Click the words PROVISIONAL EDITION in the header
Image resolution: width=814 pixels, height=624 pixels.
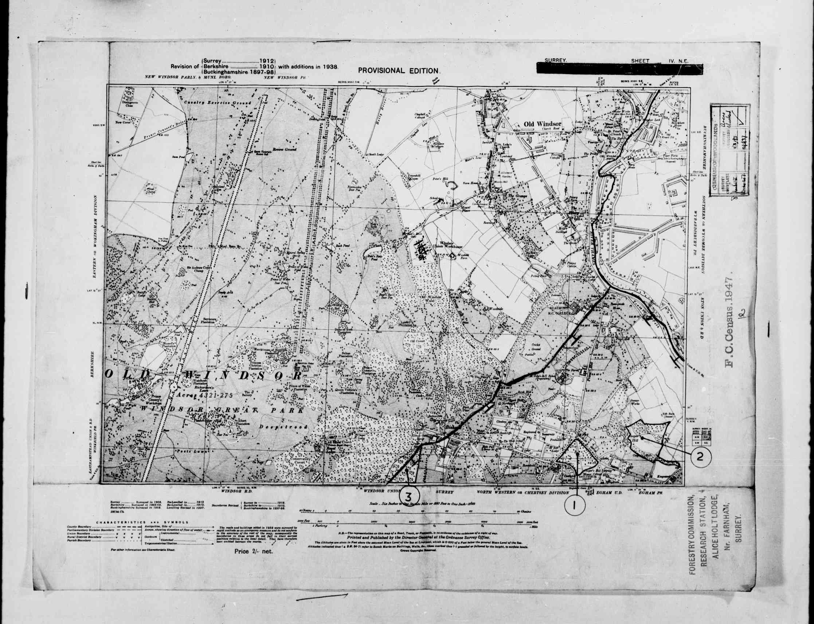pos(399,70)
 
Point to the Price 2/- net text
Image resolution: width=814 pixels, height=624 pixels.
pos(253,551)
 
